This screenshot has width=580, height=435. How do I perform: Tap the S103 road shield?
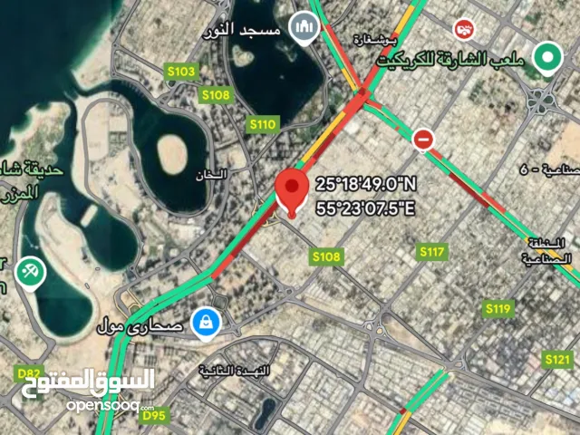(x=181, y=72)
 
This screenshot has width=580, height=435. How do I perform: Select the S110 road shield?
(x=262, y=124)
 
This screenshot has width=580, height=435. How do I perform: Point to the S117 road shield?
(x=431, y=250)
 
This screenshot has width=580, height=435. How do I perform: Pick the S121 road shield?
(x=557, y=361)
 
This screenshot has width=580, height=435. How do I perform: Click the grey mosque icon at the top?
(x=304, y=28)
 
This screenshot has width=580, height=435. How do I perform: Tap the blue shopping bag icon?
(x=208, y=321)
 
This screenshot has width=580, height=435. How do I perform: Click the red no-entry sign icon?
(x=423, y=139)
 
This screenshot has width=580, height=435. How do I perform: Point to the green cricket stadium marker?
(x=546, y=58)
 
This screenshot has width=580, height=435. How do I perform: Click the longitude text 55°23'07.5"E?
(x=365, y=209)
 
